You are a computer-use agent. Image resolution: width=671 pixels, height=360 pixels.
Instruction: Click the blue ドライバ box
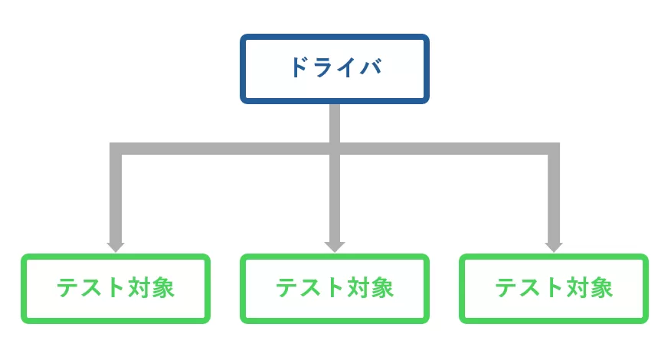[x=335, y=68]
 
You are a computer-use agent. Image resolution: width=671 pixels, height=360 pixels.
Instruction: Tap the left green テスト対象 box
[x=116, y=288]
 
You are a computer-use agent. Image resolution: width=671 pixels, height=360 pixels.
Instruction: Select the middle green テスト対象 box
[x=335, y=288]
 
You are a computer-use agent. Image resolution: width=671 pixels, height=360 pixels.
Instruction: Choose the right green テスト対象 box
[x=553, y=288]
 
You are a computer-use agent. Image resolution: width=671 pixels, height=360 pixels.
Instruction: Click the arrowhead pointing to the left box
[x=116, y=247]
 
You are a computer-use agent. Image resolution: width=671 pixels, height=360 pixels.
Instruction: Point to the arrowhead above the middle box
[x=335, y=247]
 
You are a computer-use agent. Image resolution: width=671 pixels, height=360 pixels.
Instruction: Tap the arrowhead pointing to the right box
[x=553, y=247]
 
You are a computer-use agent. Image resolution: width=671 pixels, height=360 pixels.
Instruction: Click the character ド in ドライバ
[x=299, y=67]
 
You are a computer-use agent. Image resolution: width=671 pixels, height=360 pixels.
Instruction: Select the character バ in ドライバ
[x=370, y=67]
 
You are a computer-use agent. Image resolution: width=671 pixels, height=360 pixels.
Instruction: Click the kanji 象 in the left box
[x=162, y=288]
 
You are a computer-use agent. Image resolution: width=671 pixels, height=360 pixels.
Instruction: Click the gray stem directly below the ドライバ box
[x=335, y=123]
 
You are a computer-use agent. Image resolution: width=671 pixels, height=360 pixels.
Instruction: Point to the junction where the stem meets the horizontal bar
[x=335, y=149]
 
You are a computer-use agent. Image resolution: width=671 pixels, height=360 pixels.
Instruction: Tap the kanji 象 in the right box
[x=601, y=288]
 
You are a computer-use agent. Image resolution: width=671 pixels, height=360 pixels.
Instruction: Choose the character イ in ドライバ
[x=346, y=67]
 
